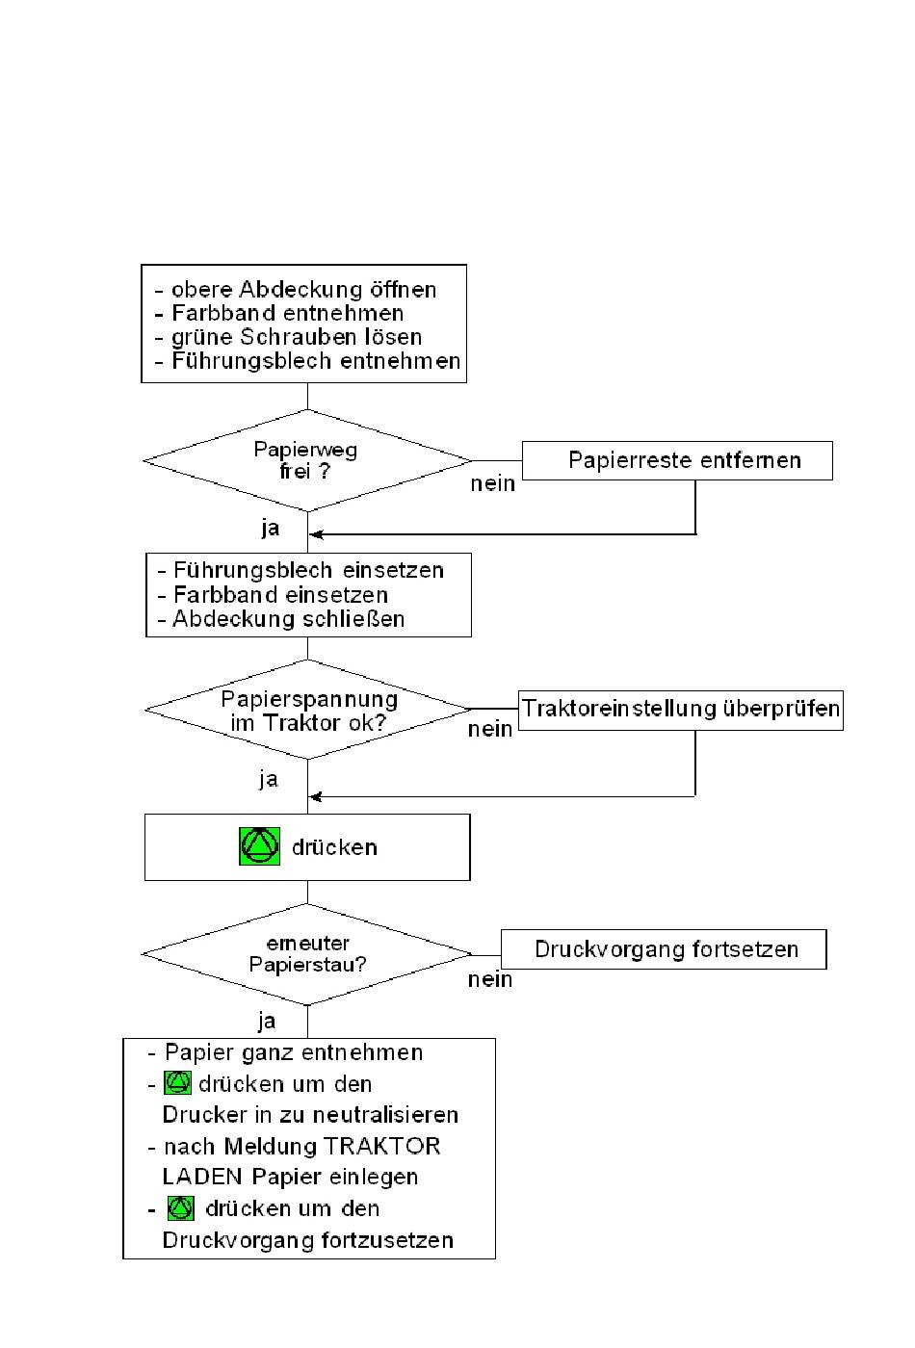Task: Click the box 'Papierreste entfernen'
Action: [x=677, y=460]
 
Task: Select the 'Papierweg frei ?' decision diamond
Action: [x=306, y=461]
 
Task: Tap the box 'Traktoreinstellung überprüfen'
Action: [x=681, y=710]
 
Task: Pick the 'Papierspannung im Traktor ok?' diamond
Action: [x=307, y=711]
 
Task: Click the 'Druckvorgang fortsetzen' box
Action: [x=665, y=949]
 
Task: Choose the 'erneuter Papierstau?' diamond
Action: [x=307, y=954]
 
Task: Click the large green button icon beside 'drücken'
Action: [x=260, y=846]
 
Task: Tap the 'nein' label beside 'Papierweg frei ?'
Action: [x=493, y=484]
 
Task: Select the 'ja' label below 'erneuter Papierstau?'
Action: [x=267, y=1021]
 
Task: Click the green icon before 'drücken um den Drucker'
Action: [x=177, y=1083]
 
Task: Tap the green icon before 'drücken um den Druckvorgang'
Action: [x=181, y=1208]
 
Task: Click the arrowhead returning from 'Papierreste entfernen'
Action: [x=314, y=534]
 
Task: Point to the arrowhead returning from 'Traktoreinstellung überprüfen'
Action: [x=314, y=796]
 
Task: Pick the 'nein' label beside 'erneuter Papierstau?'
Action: [x=490, y=980]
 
